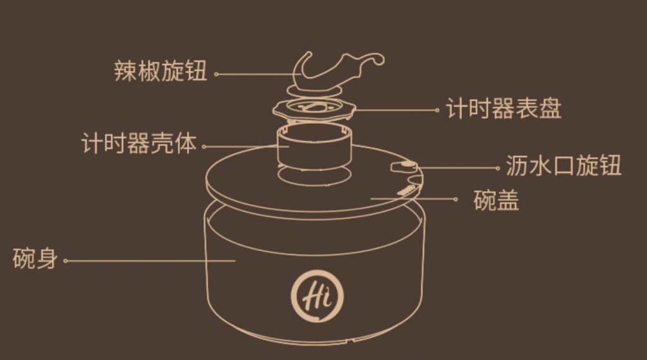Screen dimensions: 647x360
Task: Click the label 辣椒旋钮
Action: pyautogui.click(x=160, y=71)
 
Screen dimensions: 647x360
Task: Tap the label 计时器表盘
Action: pyautogui.click(x=504, y=109)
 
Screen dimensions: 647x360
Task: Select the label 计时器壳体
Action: pyautogui.click(x=138, y=143)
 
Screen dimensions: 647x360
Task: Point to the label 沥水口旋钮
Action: pyautogui.click(x=564, y=165)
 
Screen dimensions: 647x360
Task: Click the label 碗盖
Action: pyautogui.click(x=497, y=200)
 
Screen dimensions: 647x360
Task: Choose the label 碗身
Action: pyautogui.click(x=35, y=258)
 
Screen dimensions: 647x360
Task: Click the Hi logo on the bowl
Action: pyautogui.click(x=317, y=296)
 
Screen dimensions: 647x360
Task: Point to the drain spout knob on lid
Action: pyautogui.click(x=404, y=165)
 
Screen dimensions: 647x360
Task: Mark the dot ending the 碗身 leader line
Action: pyautogui.click(x=65, y=261)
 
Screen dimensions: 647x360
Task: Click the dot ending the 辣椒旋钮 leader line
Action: pyautogui.click(x=216, y=75)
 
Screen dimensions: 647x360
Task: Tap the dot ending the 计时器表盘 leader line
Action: pyautogui.click(x=437, y=110)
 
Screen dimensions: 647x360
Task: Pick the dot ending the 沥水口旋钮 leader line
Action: pyautogui.click(x=498, y=168)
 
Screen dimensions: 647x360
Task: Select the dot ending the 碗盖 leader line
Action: pyautogui.click(x=456, y=199)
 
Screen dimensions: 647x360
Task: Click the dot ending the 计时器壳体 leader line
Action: pyautogui.click(x=204, y=147)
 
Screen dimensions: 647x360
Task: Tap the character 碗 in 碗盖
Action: pyautogui.click(x=485, y=200)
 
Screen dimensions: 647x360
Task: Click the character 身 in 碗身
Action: pyautogui.click(x=47, y=258)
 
